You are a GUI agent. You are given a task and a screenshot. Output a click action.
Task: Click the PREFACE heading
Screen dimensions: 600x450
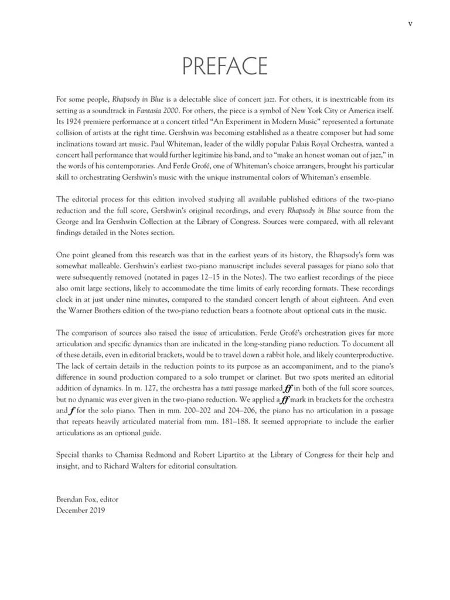pos(225,66)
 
